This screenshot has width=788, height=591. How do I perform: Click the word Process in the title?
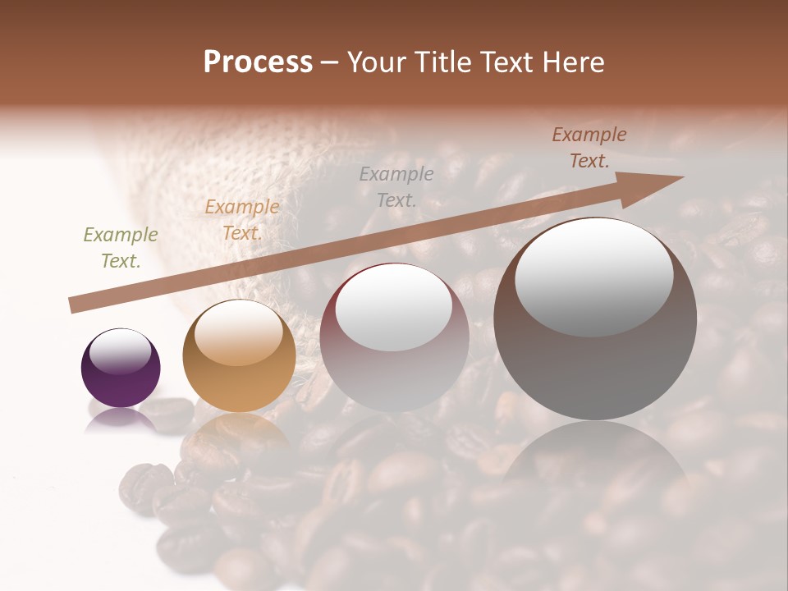(x=258, y=62)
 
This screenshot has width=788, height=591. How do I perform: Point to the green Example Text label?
(x=121, y=248)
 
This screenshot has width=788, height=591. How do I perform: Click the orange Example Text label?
(x=241, y=220)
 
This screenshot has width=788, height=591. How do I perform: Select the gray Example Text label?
(x=396, y=186)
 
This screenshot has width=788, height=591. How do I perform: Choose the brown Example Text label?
(x=589, y=148)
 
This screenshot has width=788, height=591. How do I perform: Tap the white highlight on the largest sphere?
(x=593, y=277)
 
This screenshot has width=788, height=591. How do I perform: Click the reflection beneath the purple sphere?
(x=121, y=420)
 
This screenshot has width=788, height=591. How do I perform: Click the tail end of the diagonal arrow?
(x=74, y=306)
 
